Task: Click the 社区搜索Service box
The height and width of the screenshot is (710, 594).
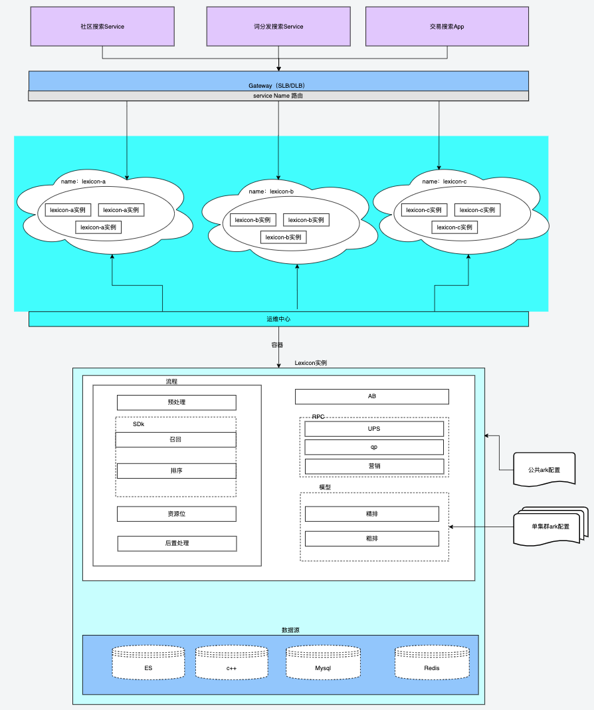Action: pos(102,27)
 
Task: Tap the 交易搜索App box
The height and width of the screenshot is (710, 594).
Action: pos(446,27)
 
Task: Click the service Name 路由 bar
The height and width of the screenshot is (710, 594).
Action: pos(278,96)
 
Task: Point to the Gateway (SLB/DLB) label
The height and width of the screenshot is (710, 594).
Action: pos(276,85)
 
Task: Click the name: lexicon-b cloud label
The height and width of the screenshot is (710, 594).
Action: pos(271,191)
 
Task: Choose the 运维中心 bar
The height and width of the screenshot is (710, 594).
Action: pos(278,319)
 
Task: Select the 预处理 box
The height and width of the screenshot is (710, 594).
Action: pos(176,402)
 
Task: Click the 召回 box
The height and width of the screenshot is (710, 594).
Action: pos(175,439)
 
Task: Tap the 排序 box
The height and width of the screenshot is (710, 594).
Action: pos(176,471)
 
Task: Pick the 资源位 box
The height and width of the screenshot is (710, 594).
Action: pos(176,514)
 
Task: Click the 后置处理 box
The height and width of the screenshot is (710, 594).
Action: pos(177,543)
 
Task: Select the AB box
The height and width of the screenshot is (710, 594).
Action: pos(371,396)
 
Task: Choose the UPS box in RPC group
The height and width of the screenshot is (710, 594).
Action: pos(374,429)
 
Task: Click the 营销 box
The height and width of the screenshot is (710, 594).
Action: pos(374,466)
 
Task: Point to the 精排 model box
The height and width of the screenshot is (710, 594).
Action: pos(372,514)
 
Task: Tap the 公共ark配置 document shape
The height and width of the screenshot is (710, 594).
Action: pos(544,469)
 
